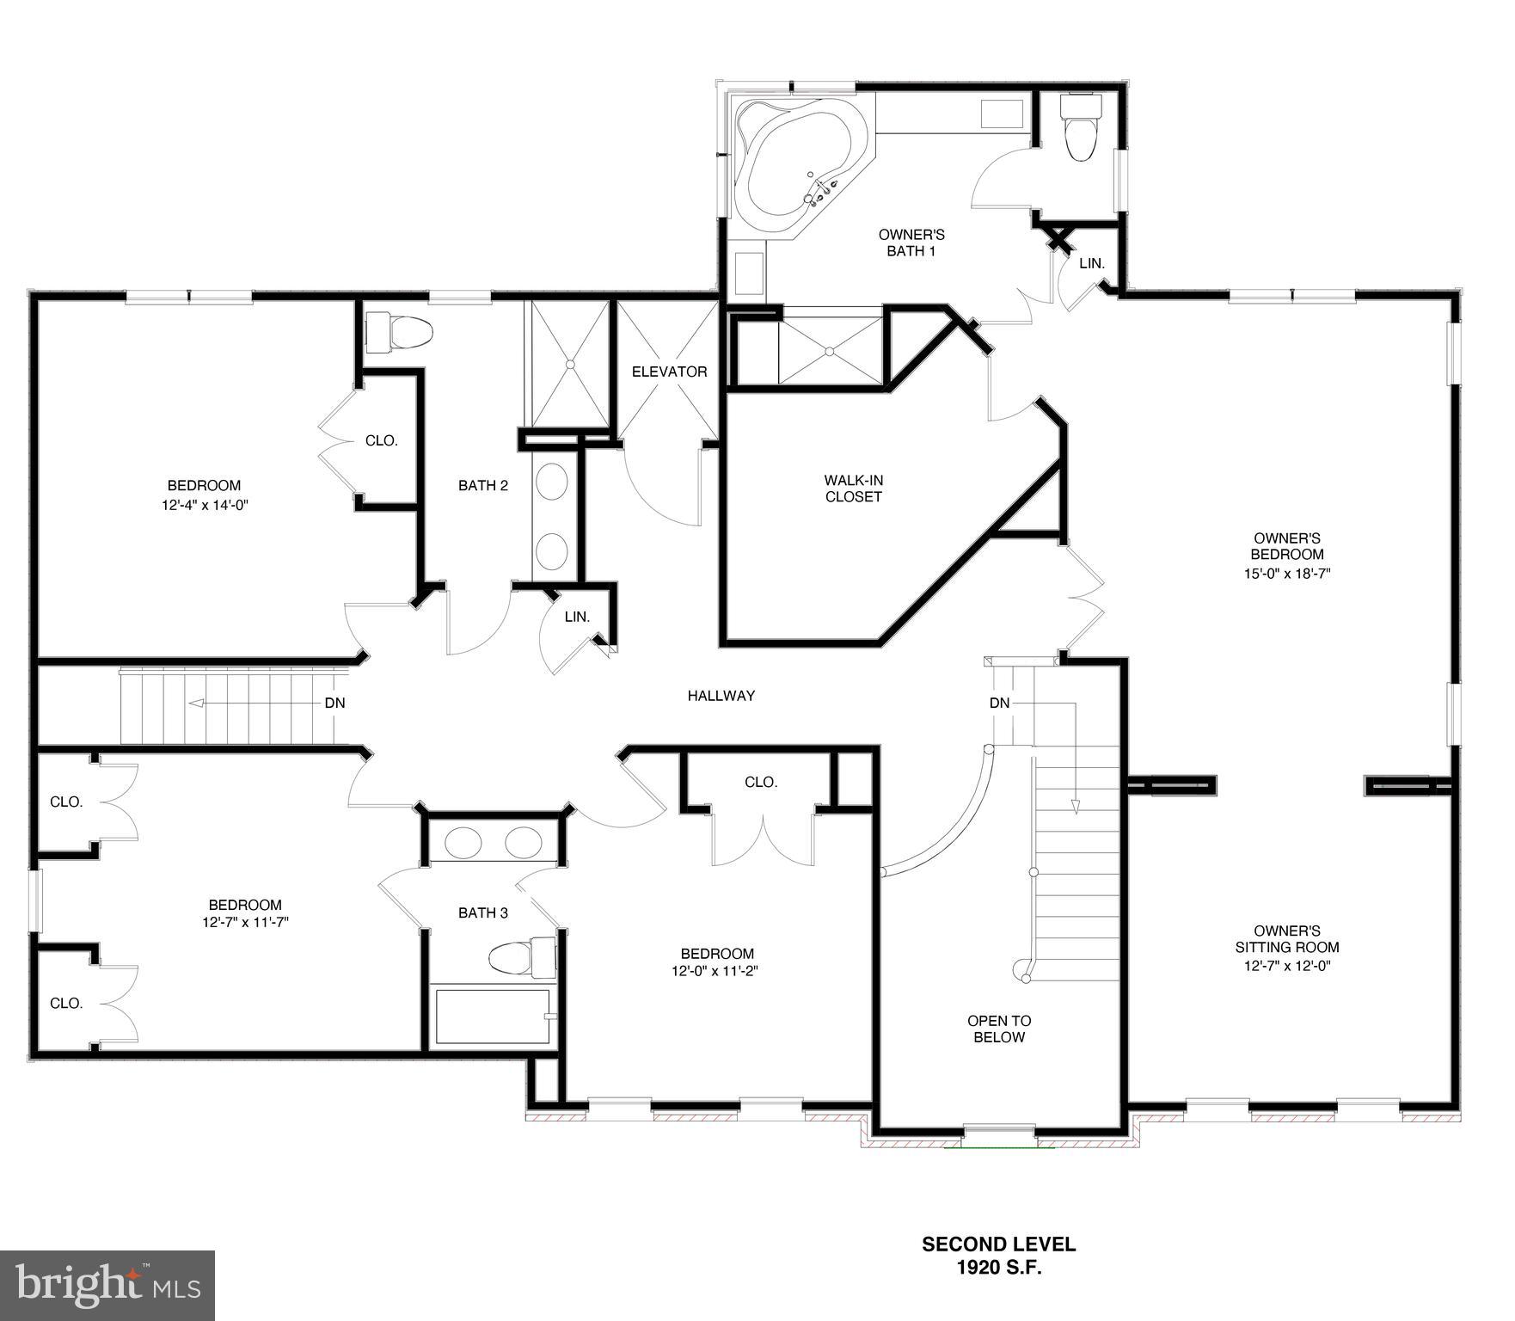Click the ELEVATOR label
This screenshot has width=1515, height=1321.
(669, 372)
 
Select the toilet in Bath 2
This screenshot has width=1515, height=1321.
(399, 333)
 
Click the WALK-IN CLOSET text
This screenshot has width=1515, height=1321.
(853, 488)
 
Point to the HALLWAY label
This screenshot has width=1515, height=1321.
(721, 696)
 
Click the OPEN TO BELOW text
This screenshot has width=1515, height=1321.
(998, 1029)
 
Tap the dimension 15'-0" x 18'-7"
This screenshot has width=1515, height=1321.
(1286, 573)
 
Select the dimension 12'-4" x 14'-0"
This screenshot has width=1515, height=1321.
(205, 505)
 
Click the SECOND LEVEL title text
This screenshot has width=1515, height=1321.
(998, 1244)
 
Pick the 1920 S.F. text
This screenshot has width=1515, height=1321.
(999, 1267)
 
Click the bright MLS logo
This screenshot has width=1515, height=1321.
(107, 1285)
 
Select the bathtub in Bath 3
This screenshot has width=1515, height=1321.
(492, 1017)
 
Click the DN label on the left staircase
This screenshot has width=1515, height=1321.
(334, 703)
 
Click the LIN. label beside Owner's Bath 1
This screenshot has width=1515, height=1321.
(1091, 263)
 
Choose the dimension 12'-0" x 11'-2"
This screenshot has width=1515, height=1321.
(716, 971)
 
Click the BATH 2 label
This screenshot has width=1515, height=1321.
(482, 485)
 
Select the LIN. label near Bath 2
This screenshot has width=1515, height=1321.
(577, 617)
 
